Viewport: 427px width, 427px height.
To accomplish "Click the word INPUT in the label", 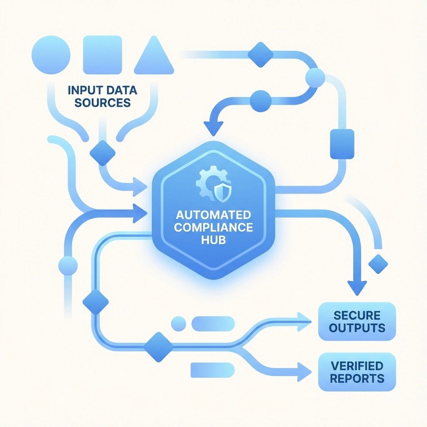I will click(83, 90).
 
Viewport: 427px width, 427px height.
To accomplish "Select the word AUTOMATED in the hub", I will click(213, 215).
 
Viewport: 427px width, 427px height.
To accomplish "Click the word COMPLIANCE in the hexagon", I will click(213, 228).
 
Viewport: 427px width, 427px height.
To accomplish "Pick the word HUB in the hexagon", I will click(213, 240).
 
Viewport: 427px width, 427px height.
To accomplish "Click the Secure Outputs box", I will click(357, 322).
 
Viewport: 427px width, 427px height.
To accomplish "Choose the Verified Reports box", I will click(357, 372).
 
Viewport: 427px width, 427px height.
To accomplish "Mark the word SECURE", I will click(357, 315).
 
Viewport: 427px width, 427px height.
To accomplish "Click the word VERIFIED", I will click(357, 366).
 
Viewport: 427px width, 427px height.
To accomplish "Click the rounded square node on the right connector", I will click(342, 144).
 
